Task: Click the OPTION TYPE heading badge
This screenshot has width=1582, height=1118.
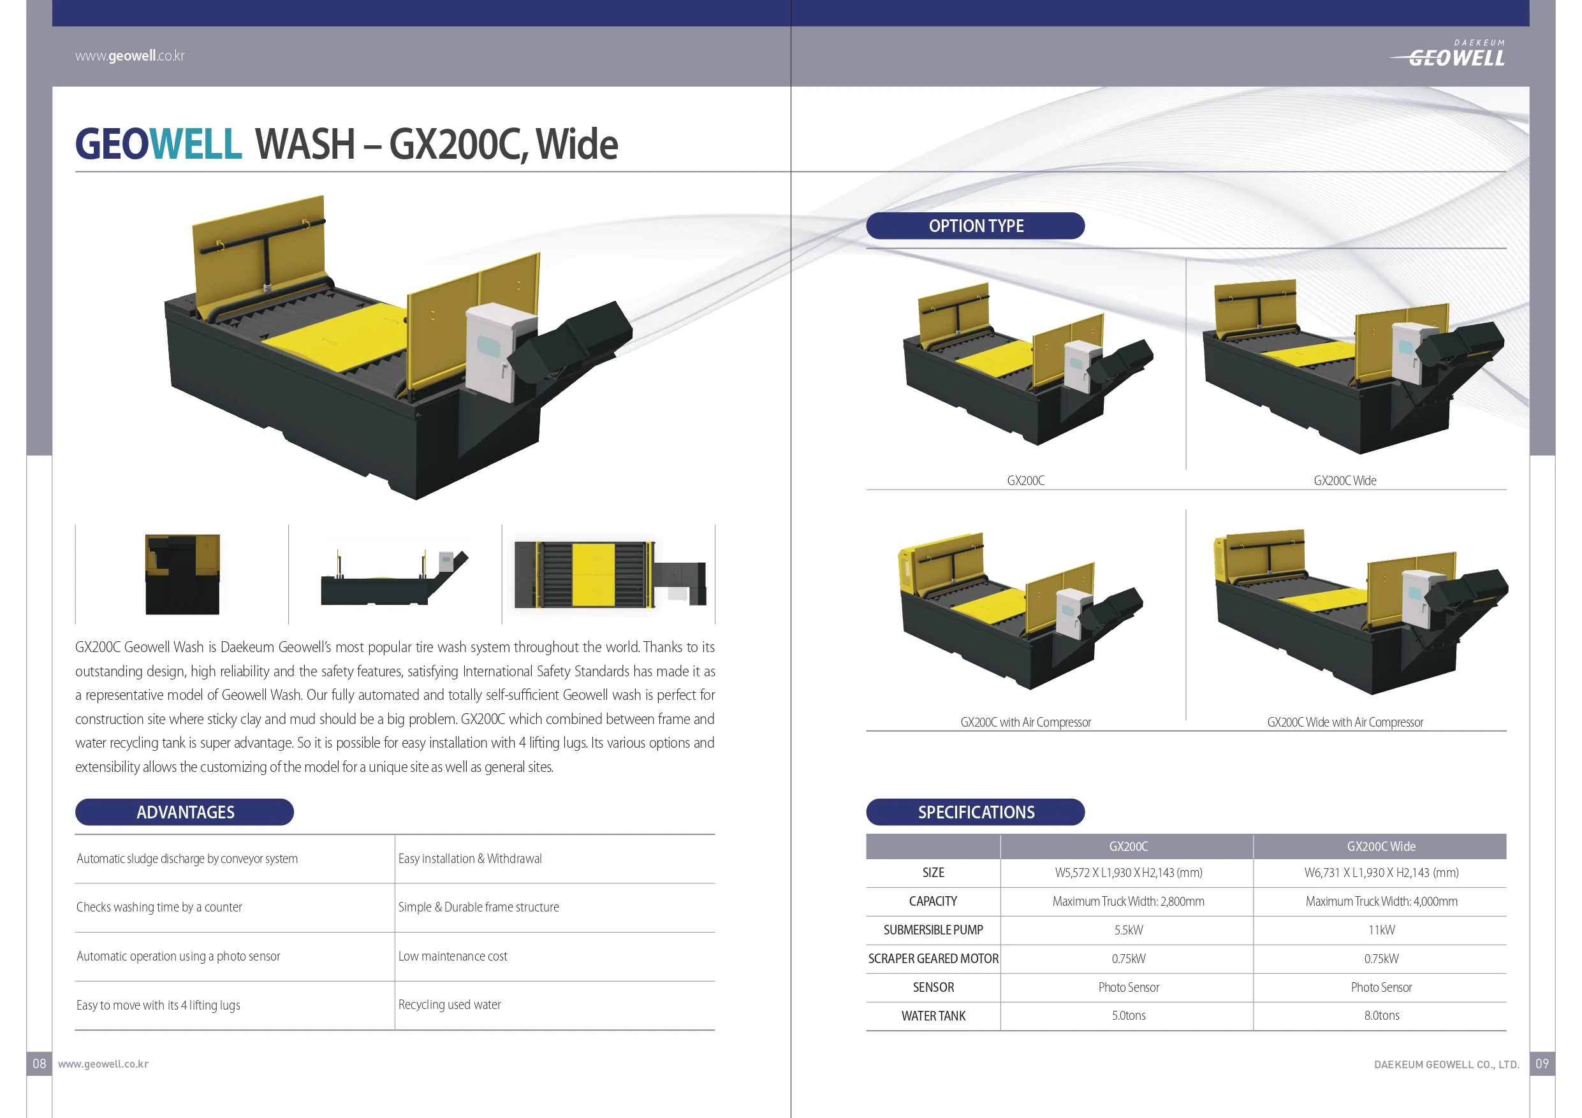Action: point(975,226)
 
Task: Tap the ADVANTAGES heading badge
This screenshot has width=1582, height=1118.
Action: point(185,812)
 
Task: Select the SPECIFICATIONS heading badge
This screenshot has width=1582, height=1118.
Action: point(975,812)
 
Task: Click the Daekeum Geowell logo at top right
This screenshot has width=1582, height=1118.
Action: point(1448,54)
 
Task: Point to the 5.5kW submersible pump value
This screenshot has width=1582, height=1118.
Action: point(1129,930)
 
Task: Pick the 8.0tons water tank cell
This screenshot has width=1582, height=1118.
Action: point(1382,1015)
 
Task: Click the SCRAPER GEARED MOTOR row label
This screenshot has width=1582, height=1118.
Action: point(933,959)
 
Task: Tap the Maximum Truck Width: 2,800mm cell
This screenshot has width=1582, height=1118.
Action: point(1128,902)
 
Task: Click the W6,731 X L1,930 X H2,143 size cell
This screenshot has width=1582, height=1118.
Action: point(1382,873)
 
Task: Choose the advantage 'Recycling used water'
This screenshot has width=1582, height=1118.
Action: point(450,1005)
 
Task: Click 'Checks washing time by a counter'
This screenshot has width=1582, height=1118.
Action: point(159,907)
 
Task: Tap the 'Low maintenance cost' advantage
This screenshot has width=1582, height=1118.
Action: point(453,956)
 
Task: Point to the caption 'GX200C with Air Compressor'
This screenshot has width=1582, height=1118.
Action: point(1025,722)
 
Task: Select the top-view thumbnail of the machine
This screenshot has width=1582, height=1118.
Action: point(610,574)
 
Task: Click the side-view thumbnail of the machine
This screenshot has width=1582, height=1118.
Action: point(395,577)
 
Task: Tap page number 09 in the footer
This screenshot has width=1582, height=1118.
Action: point(1542,1064)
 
